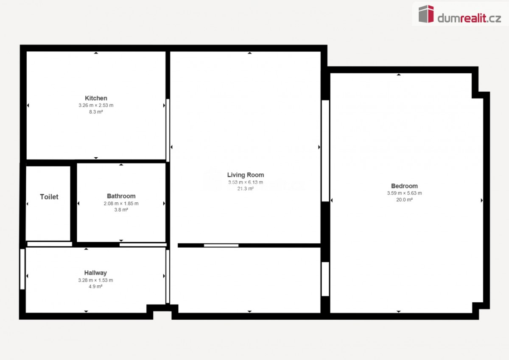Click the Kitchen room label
tap(96, 98)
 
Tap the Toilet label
tap(49, 197)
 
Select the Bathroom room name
tap(121, 196)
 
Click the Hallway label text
tap(95, 273)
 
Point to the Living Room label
tap(246, 175)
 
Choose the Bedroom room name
tap(404, 186)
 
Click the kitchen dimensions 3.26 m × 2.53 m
tap(96, 105)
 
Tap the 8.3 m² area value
tap(96, 112)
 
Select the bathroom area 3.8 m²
tap(121, 209)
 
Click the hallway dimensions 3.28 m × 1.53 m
tap(95, 280)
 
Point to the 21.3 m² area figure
tap(246, 189)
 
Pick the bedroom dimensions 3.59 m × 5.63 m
tap(404, 193)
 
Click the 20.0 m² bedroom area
tap(404, 200)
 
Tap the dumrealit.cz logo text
tap(469, 18)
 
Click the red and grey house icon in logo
tap(426, 14)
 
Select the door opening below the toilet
tap(50, 244)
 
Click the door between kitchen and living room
tap(168, 130)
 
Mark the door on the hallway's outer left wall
tap(22, 269)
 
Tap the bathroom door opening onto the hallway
tap(143, 245)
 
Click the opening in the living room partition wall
tap(221, 245)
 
